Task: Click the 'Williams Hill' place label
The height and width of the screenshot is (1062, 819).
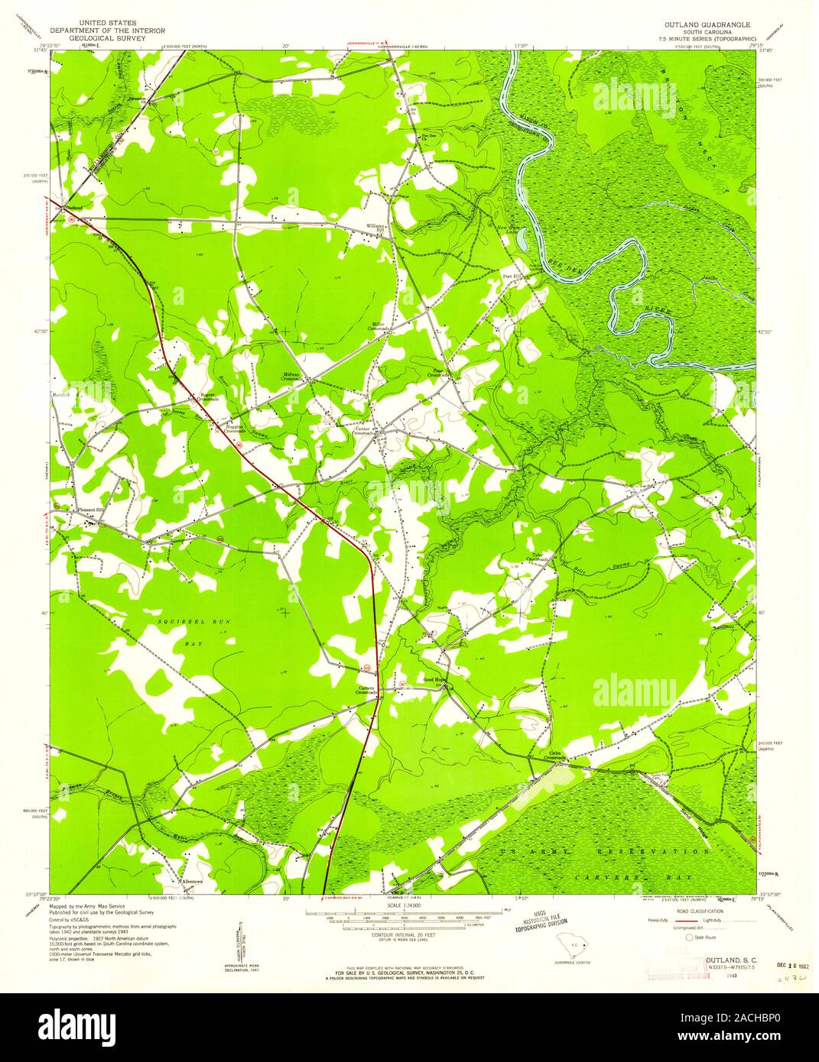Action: coord(375,228)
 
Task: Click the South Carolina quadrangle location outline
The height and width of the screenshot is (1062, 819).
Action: coord(576,947)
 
